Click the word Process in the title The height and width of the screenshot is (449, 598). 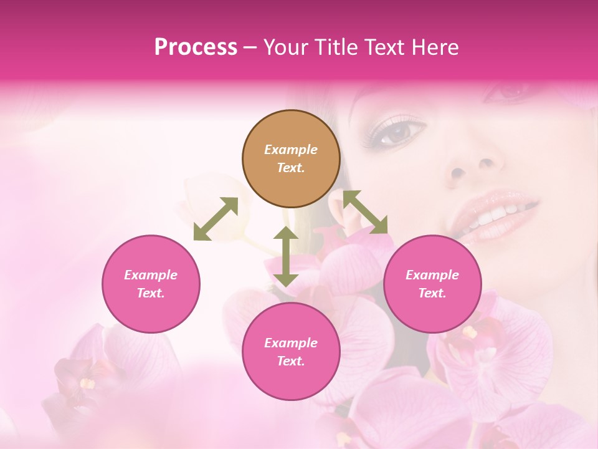point(196,47)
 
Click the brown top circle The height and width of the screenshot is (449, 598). point(291,158)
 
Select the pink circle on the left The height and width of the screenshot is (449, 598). point(151,284)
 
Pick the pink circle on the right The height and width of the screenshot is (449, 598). point(432,284)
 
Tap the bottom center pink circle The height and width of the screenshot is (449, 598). point(291,351)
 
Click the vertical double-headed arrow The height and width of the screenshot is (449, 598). point(285,256)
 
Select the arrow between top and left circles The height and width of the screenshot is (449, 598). point(216,219)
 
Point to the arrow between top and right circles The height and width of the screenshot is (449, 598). point(366,212)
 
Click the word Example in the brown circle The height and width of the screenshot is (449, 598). point(291,150)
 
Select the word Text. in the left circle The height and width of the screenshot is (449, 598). point(151,293)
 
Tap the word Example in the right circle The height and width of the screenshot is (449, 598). point(432,275)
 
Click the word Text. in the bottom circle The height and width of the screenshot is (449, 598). point(291,361)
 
